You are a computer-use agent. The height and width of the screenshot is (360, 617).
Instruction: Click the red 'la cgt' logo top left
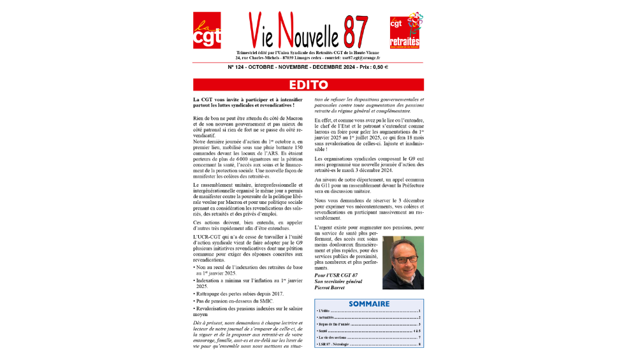(x=207, y=31)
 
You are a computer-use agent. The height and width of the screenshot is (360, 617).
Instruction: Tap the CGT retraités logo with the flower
(x=405, y=31)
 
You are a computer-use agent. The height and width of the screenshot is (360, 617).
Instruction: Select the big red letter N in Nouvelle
(x=287, y=29)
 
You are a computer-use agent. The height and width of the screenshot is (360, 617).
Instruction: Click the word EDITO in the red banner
(x=308, y=85)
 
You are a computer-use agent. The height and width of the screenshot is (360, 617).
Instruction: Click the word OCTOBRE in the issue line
(x=265, y=67)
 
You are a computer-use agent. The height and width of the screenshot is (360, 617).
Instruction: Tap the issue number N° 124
(x=238, y=67)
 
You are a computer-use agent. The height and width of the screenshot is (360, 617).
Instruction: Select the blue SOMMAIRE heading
(x=368, y=304)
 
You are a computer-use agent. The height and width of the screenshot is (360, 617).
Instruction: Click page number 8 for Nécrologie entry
(x=420, y=345)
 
